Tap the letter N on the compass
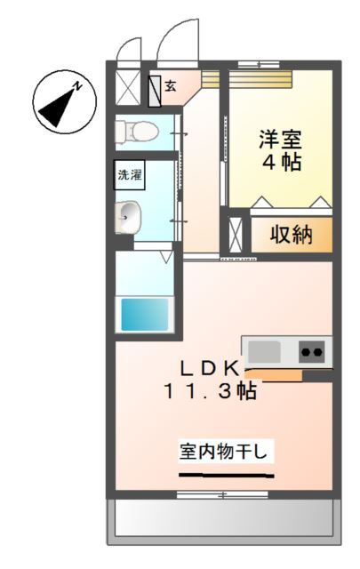(79, 86)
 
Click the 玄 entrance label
(171, 86)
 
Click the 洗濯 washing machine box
(130, 175)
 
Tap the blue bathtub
(144, 313)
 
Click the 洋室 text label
(280, 140)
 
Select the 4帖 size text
(280, 163)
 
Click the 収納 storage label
(291, 235)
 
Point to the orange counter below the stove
(276, 374)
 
